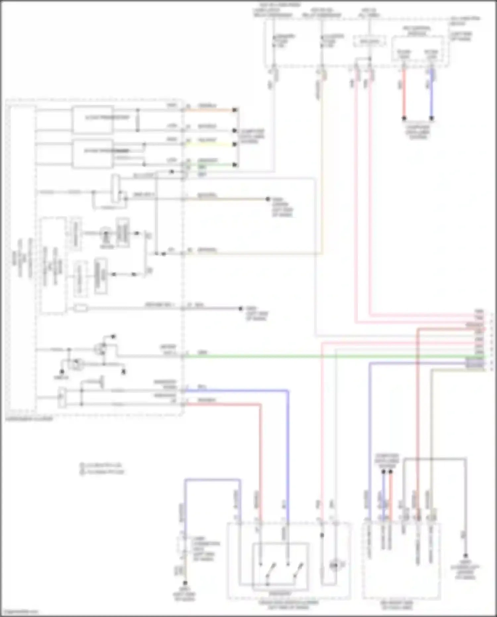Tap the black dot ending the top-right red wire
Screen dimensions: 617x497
(x=404, y=118)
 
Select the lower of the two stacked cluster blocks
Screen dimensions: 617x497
(x=92, y=154)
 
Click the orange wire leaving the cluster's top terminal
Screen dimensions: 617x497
(x=209, y=110)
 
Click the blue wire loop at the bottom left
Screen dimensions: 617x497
(x=212, y=480)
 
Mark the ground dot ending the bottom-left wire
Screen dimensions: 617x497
(x=185, y=583)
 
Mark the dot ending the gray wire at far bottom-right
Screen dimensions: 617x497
(x=465, y=555)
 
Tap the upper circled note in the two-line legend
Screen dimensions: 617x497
(x=82, y=465)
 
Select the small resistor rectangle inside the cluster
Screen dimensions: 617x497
(x=81, y=308)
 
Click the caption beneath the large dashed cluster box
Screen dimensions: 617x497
(x=29, y=419)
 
